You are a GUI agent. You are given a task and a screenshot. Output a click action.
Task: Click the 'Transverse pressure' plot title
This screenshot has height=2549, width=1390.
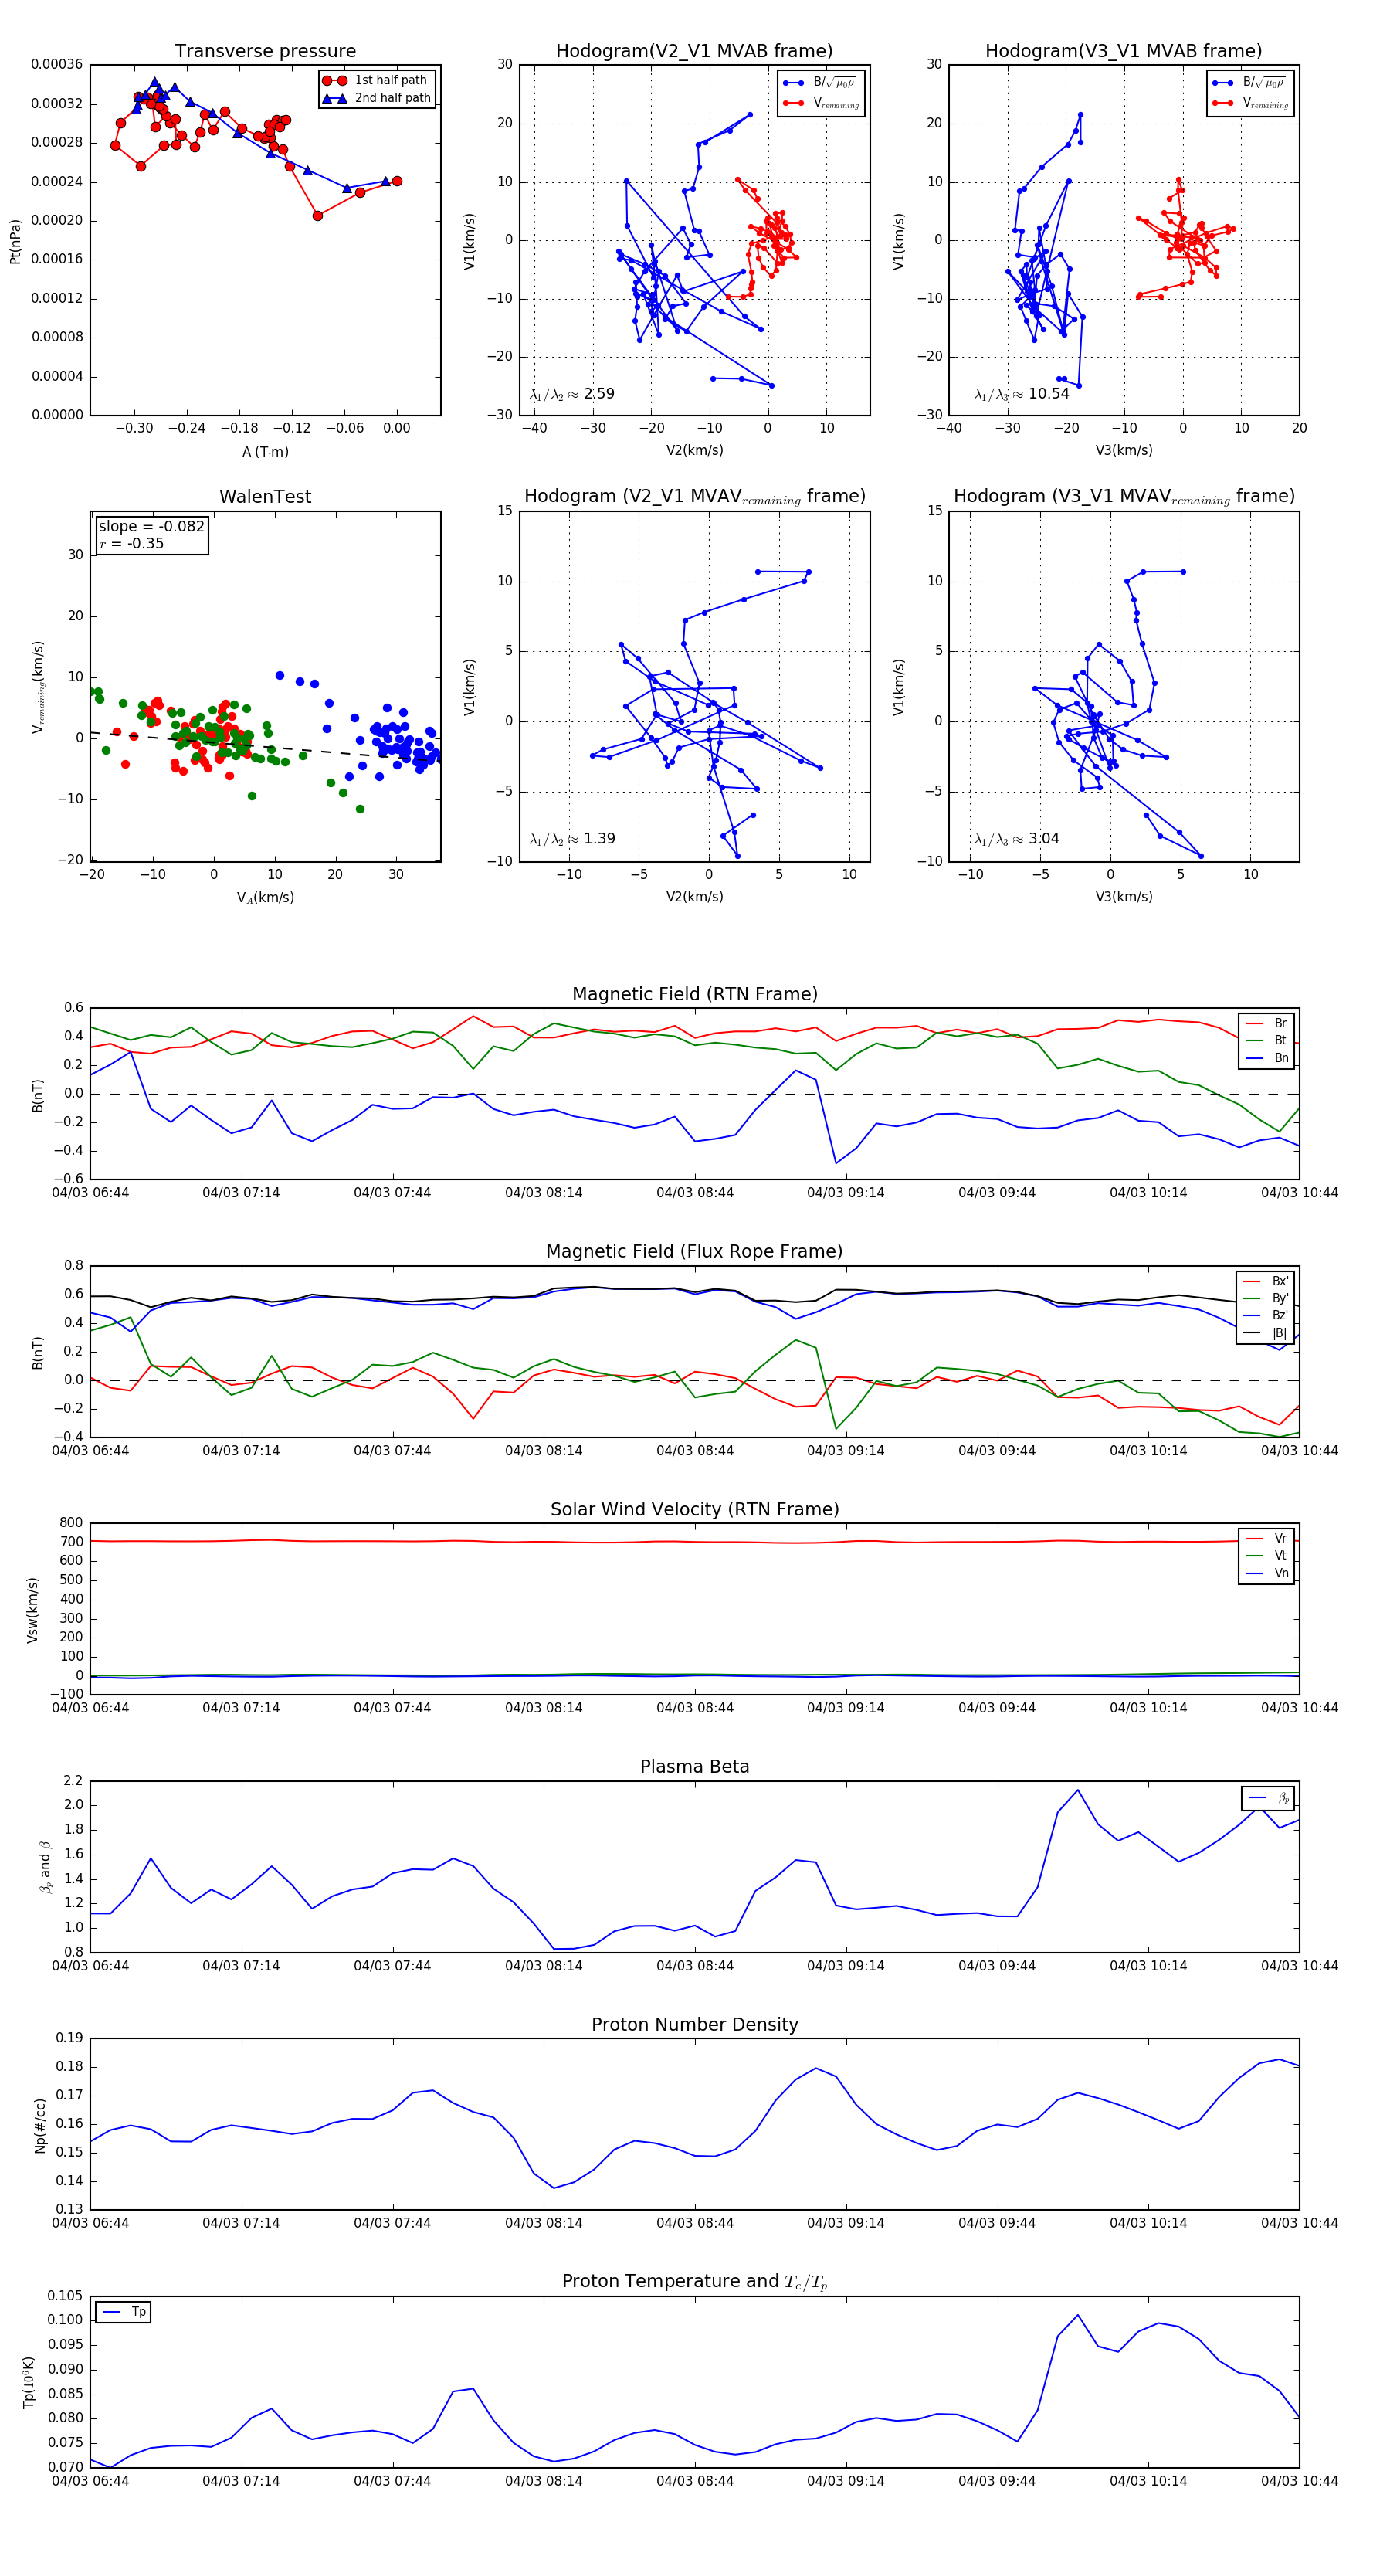tap(265, 52)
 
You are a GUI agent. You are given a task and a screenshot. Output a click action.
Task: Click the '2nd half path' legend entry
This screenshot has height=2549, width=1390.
tap(392, 98)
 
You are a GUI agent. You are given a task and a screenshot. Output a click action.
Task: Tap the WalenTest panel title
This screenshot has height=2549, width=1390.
tap(265, 497)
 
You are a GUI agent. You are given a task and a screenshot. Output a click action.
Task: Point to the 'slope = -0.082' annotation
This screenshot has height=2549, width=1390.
tap(151, 527)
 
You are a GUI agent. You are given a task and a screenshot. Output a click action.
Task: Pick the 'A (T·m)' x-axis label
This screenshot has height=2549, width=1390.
tap(265, 451)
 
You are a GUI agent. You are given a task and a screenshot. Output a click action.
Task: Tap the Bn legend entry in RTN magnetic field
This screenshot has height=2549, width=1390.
tap(1280, 1057)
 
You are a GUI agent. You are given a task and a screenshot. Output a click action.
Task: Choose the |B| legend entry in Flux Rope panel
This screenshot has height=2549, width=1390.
tap(1278, 1333)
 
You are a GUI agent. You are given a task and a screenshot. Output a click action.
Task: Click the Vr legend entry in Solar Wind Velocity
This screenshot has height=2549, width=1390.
tap(1280, 1538)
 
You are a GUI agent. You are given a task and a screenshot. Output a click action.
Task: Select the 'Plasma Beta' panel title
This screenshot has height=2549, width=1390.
tap(694, 1767)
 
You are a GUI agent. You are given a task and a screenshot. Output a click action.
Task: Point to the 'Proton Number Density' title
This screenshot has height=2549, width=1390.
tap(694, 2025)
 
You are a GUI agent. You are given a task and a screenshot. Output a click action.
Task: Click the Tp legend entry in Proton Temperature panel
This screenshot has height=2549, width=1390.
tap(137, 2312)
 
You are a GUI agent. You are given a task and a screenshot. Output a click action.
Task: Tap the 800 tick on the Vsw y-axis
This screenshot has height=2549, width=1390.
tap(71, 1523)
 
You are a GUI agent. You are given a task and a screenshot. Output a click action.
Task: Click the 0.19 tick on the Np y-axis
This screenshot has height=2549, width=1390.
tap(69, 2038)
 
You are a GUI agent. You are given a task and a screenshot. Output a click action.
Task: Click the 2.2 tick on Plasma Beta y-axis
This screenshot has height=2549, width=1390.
tap(73, 1780)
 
